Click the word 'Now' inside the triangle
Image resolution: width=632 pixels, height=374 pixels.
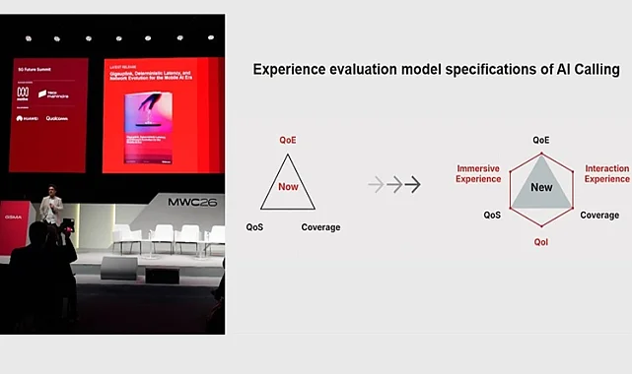288,185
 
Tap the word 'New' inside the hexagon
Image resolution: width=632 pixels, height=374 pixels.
541,187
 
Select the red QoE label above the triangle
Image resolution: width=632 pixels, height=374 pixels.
288,141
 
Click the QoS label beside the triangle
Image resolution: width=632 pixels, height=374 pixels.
254,227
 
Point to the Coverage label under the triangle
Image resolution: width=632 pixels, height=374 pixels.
320,227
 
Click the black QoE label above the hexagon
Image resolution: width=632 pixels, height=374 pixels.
541,141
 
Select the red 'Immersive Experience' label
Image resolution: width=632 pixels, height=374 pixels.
478,173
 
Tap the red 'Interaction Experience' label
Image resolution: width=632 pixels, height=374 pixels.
606,173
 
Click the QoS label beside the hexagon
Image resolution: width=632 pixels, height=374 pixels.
492,215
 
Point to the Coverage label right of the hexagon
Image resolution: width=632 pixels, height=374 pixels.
599,215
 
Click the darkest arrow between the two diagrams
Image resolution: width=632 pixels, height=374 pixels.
413,184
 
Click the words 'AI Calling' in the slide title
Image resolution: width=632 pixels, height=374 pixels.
584,70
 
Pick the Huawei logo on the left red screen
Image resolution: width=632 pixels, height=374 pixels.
27,118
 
